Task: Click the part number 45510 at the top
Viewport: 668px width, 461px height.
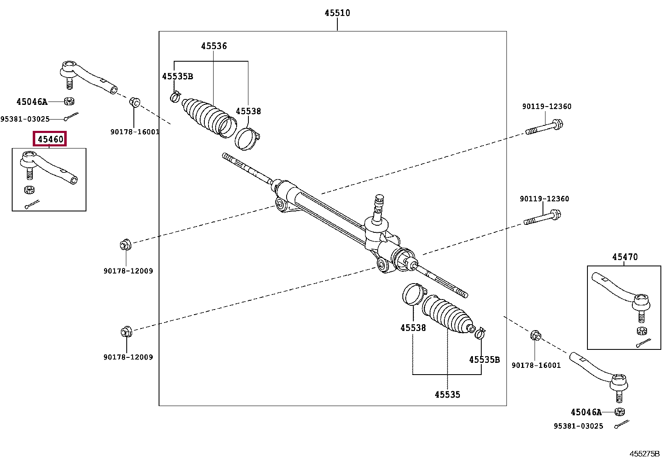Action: [x=337, y=13]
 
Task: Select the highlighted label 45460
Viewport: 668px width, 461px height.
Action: [x=50, y=139]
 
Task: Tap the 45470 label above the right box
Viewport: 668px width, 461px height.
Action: [x=625, y=257]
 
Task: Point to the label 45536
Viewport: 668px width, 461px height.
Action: [x=214, y=46]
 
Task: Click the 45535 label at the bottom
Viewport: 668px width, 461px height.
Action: [x=447, y=394]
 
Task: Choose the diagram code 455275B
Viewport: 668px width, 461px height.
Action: [x=645, y=454]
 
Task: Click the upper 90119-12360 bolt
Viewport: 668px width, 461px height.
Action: [x=544, y=128]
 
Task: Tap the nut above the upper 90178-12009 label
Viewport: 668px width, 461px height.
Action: [x=125, y=245]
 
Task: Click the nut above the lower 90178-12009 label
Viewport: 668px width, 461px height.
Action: [x=126, y=331]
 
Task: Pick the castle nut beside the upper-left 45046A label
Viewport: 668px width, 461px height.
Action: [x=69, y=101]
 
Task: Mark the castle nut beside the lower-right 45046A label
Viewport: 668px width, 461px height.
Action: [x=620, y=412]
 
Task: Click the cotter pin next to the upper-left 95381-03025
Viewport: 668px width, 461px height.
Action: [x=71, y=116]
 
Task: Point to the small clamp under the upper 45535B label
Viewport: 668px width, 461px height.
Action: [x=175, y=96]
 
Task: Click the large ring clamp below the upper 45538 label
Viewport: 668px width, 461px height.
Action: [x=247, y=139]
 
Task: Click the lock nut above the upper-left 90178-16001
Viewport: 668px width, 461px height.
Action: [x=135, y=102]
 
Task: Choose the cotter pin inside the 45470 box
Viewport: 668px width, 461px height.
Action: [x=643, y=343]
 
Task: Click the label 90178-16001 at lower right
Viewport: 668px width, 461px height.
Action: [x=536, y=365]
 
